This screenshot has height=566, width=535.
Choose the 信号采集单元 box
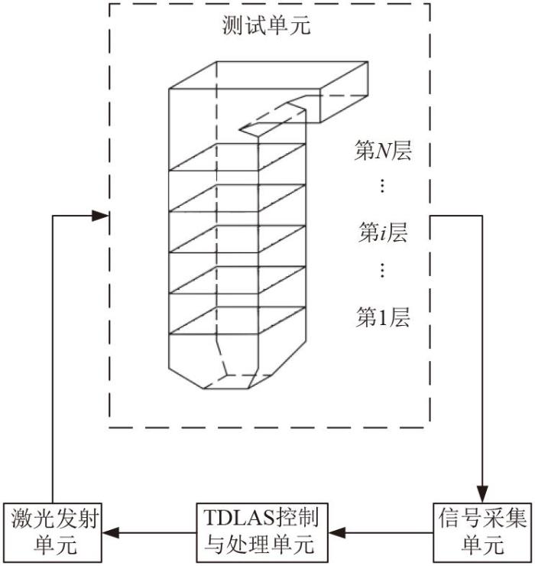(x=481, y=531)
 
